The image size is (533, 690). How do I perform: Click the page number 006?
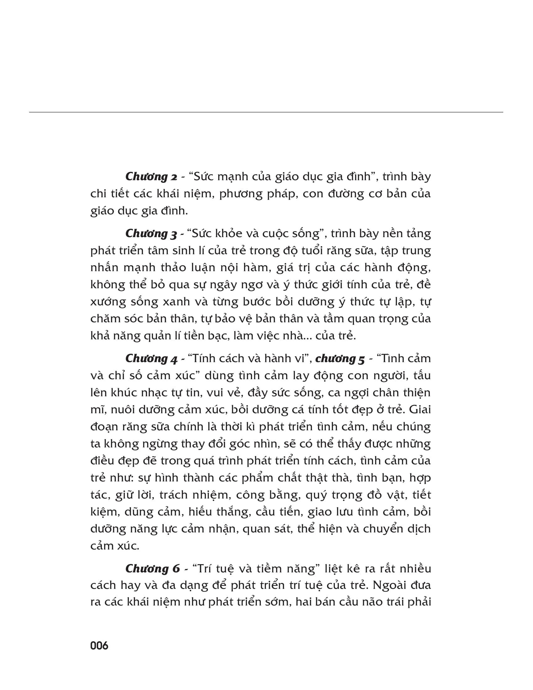[x=99, y=646]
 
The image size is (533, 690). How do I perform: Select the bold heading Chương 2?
[x=151, y=177]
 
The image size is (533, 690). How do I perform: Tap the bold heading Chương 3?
[x=151, y=234]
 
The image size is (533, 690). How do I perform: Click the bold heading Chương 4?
[x=151, y=358]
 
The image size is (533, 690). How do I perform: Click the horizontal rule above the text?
[x=266, y=112]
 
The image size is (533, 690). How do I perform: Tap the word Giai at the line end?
[x=420, y=410]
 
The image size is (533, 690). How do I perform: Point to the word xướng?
[x=108, y=302]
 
